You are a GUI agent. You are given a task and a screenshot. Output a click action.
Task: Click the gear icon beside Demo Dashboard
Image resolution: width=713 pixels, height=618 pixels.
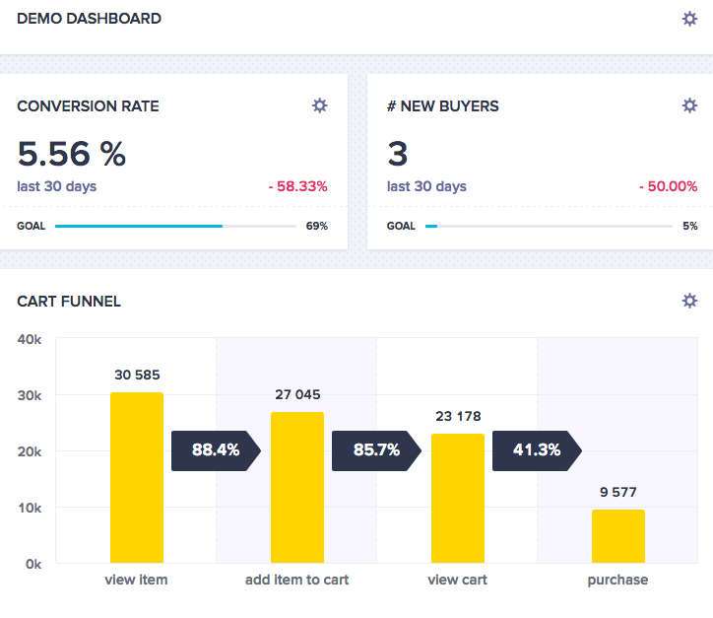pos(689,19)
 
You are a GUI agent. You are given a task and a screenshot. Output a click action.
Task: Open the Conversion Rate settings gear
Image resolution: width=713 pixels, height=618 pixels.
pos(319,105)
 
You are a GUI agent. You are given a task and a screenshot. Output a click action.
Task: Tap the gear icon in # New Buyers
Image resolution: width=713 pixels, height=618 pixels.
pos(689,105)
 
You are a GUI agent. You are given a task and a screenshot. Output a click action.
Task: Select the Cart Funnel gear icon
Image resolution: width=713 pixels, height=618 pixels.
pos(689,301)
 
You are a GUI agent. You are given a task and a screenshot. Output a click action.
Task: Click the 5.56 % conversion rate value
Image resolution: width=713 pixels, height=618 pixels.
pos(72,154)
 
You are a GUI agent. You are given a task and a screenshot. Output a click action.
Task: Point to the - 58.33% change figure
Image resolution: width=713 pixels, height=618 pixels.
pos(297,186)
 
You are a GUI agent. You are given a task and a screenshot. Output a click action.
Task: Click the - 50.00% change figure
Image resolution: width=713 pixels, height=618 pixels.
pos(668,186)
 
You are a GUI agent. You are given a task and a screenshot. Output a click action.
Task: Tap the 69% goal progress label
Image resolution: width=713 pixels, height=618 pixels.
pos(316,226)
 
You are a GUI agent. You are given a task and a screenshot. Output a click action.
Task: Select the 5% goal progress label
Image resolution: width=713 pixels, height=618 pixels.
pos(689,226)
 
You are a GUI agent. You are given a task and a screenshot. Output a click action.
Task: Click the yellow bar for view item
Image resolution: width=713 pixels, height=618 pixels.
pos(136,478)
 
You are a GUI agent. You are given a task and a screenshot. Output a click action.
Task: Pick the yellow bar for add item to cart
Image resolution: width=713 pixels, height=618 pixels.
pos(296,488)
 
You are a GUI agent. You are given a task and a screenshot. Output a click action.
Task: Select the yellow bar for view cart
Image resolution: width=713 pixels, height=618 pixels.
pos(457,499)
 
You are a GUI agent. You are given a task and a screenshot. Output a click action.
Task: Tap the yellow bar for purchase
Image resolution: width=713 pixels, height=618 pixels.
pos(617,536)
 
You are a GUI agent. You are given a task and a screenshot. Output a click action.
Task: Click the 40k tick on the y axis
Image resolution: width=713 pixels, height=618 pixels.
pos(29,339)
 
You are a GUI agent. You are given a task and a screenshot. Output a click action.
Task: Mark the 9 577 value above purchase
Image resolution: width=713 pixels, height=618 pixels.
pos(617,492)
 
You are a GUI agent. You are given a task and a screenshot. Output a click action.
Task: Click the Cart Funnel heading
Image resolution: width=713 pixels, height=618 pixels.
pos(69,302)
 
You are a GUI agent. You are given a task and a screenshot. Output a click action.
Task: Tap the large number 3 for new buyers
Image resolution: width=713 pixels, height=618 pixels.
pos(398,154)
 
